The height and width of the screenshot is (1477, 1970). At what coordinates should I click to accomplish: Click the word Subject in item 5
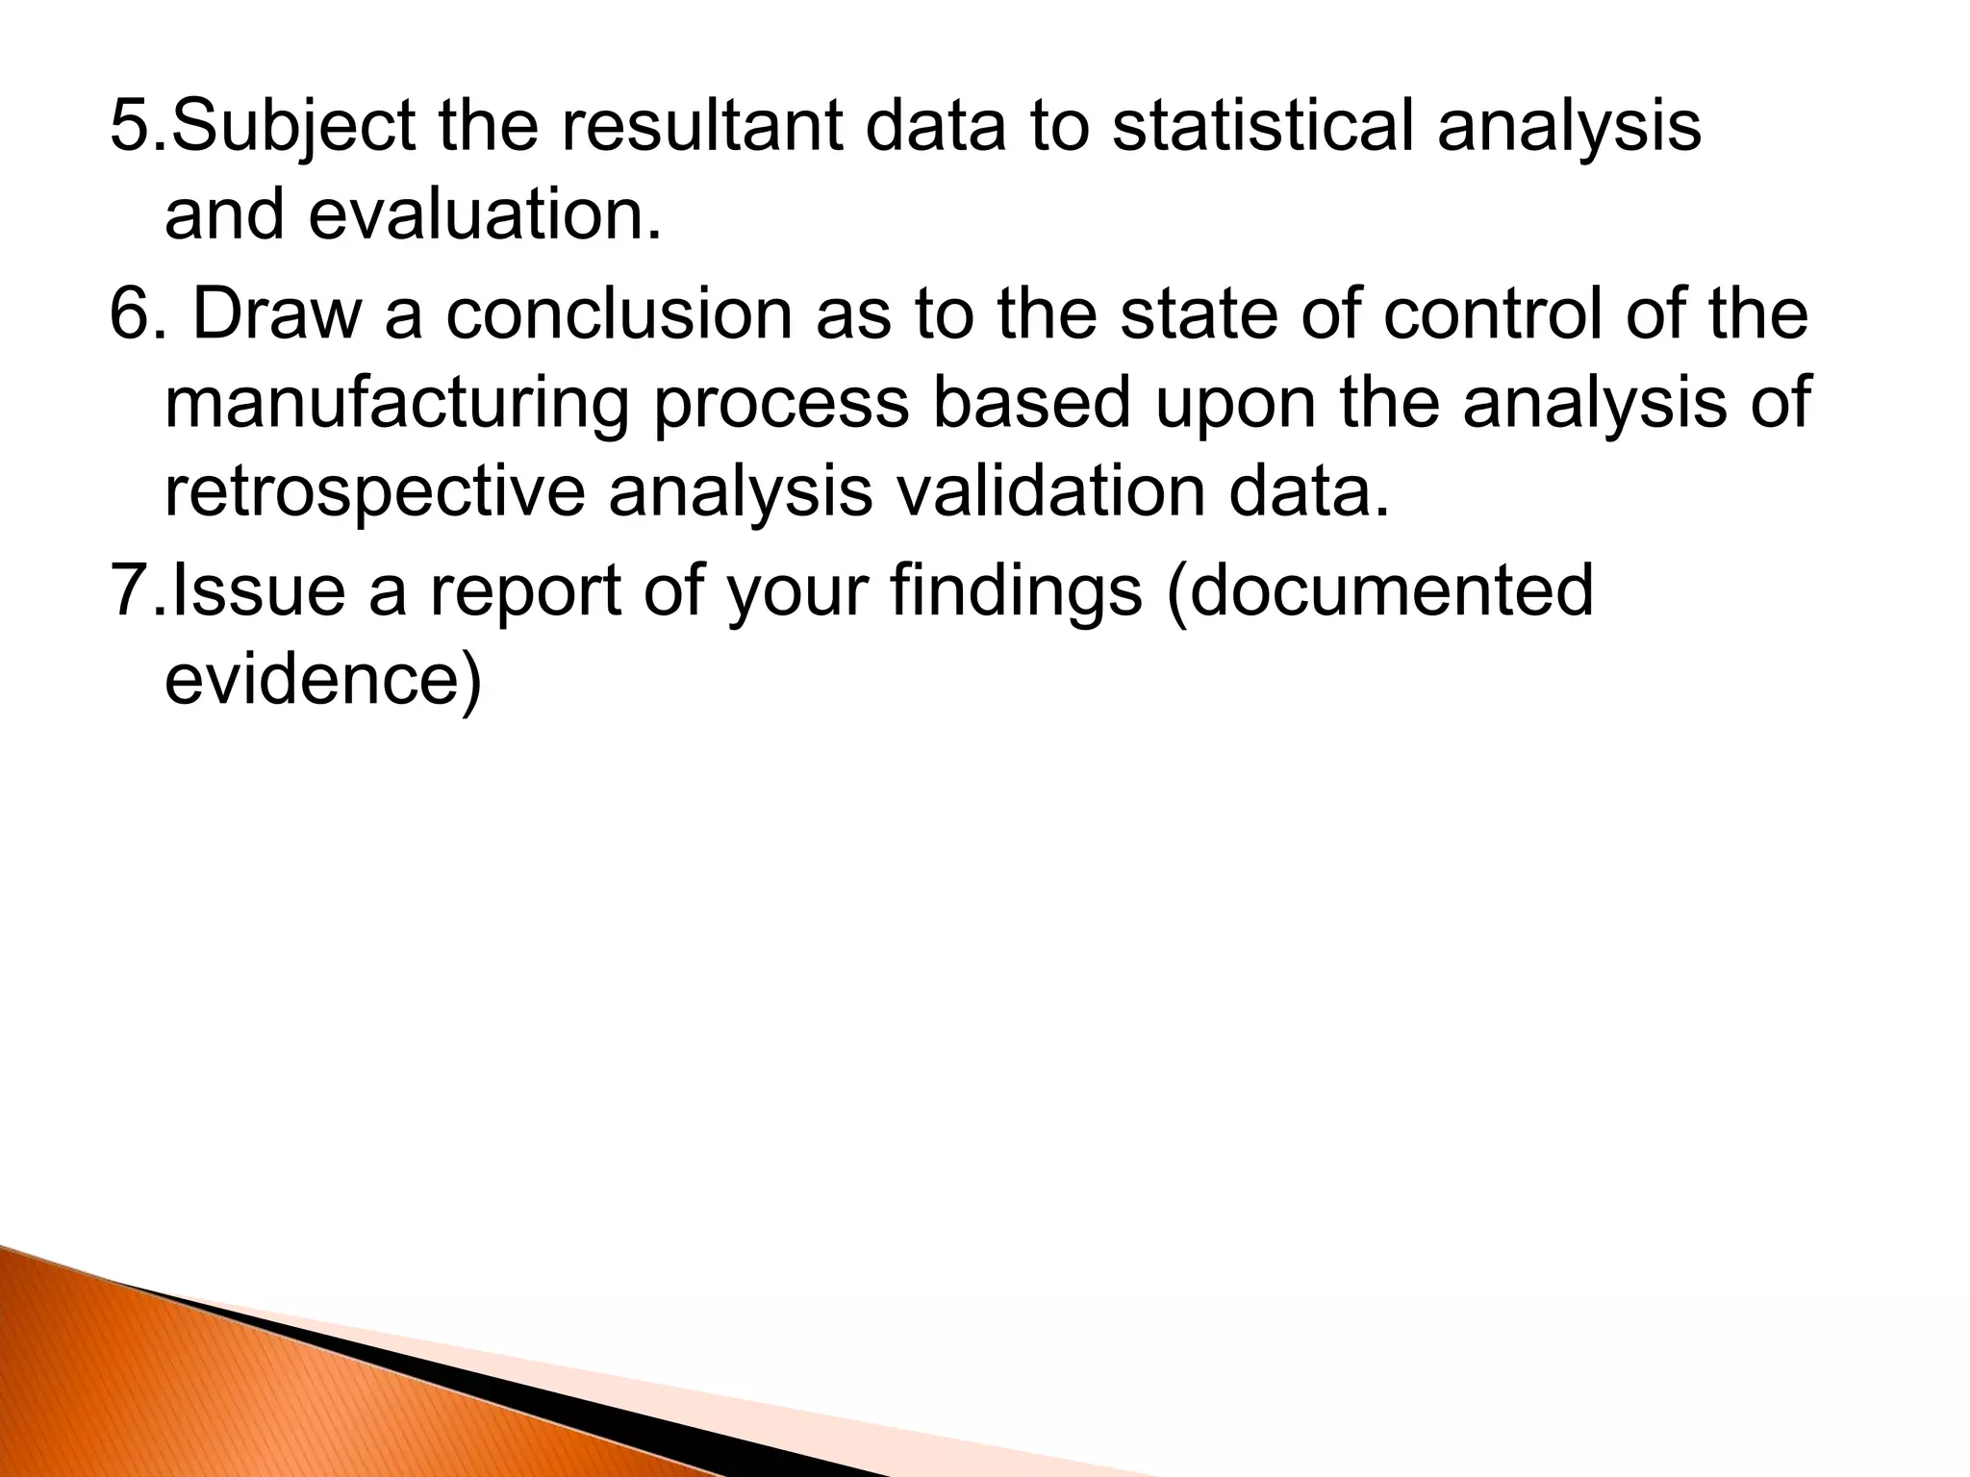pyautogui.click(x=292, y=127)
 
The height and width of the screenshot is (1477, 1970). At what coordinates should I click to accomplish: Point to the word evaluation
pyautogui.click(x=486, y=215)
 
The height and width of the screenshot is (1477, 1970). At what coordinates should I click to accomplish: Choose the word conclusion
pyautogui.click(x=617, y=315)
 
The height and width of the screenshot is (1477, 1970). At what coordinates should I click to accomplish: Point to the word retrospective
pyautogui.click(x=374, y=492)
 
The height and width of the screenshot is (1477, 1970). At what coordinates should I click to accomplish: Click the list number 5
pyautogui.click(x=135, y=127)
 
